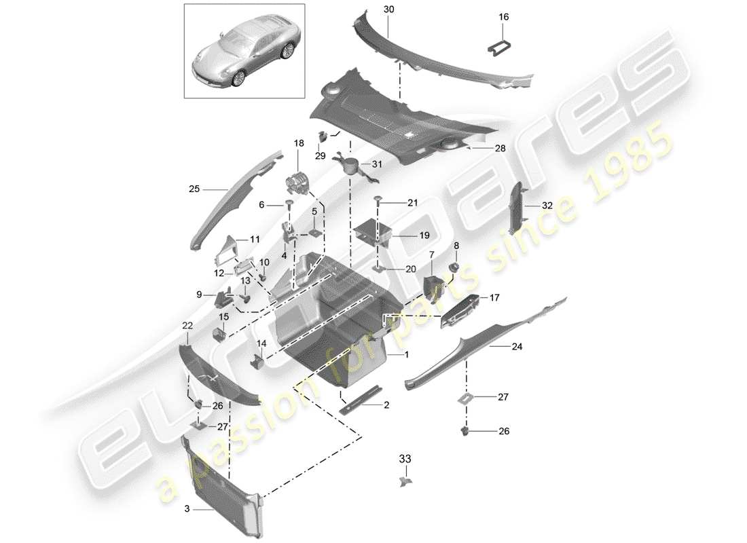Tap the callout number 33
click(405, 460)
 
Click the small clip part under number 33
click(405, 481)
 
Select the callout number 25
click(194, 189)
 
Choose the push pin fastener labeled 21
click(378, 200)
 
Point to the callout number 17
click(494, 297)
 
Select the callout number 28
click(500, 148)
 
